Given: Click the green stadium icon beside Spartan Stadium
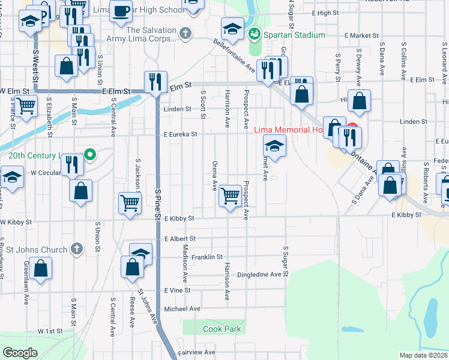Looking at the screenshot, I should (x=255, y=34).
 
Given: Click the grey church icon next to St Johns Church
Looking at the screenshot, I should (x=76, y=248).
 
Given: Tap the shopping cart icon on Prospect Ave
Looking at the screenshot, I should (x=231, y=194).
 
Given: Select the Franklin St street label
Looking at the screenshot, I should (x=207, y=256).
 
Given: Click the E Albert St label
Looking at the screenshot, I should (x=179, y=239).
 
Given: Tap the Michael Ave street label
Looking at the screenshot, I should (x=182, y=308).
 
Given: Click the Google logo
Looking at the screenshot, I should (x=20, y=353).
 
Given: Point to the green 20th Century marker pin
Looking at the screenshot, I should (x=90, y=155).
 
